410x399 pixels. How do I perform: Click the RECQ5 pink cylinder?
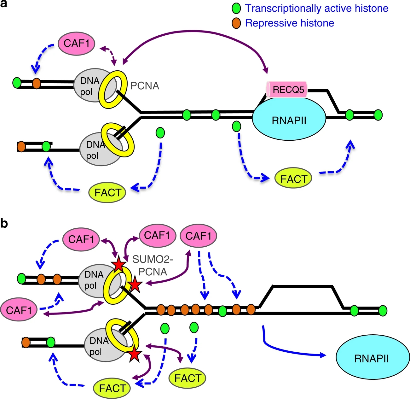tap(286, 90)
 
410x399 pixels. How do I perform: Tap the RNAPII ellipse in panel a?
tap(289, 120)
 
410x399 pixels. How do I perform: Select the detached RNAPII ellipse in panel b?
tap(372, 359)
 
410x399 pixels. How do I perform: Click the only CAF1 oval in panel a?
tap(77, 43)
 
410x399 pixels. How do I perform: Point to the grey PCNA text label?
tap(145, 86)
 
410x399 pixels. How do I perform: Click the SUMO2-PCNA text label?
tap(153, 265)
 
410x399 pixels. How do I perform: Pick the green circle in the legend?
tap(236, 9)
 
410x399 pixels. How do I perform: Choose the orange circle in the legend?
tap(236, 23)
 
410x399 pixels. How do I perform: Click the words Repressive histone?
tap(289, 23)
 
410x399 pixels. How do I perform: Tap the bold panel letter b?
tap(4, 223)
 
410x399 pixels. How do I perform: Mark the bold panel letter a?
tap(4, 4)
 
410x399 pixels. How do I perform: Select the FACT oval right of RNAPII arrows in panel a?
tap(293, 179)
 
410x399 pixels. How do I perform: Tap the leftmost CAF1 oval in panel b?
tap(19, 310)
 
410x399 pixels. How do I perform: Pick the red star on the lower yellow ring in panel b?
tap(135, 354)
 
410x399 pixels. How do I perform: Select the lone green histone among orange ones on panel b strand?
tap(222, 311)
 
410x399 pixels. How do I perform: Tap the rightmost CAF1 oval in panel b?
tap(198, 236)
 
